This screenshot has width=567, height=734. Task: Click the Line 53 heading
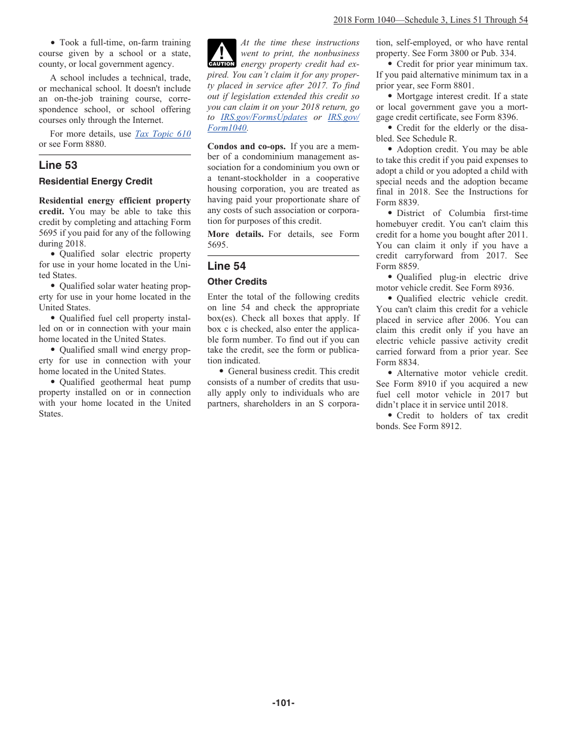[58, 165]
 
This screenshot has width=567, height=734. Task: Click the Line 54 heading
[227, 266]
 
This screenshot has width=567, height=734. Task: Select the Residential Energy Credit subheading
[95, 181]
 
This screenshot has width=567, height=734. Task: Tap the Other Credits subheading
[237, 282]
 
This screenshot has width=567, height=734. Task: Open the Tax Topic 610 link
[163, 134]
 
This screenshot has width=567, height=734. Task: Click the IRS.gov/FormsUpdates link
[264, 118]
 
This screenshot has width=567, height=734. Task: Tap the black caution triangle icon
[221, 53]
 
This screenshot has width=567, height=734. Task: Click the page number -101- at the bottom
[283, 703]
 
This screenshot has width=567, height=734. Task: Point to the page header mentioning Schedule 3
[430, 20]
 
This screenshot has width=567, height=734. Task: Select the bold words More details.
[235, 234]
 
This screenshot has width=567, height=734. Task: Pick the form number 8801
[464, 86]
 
